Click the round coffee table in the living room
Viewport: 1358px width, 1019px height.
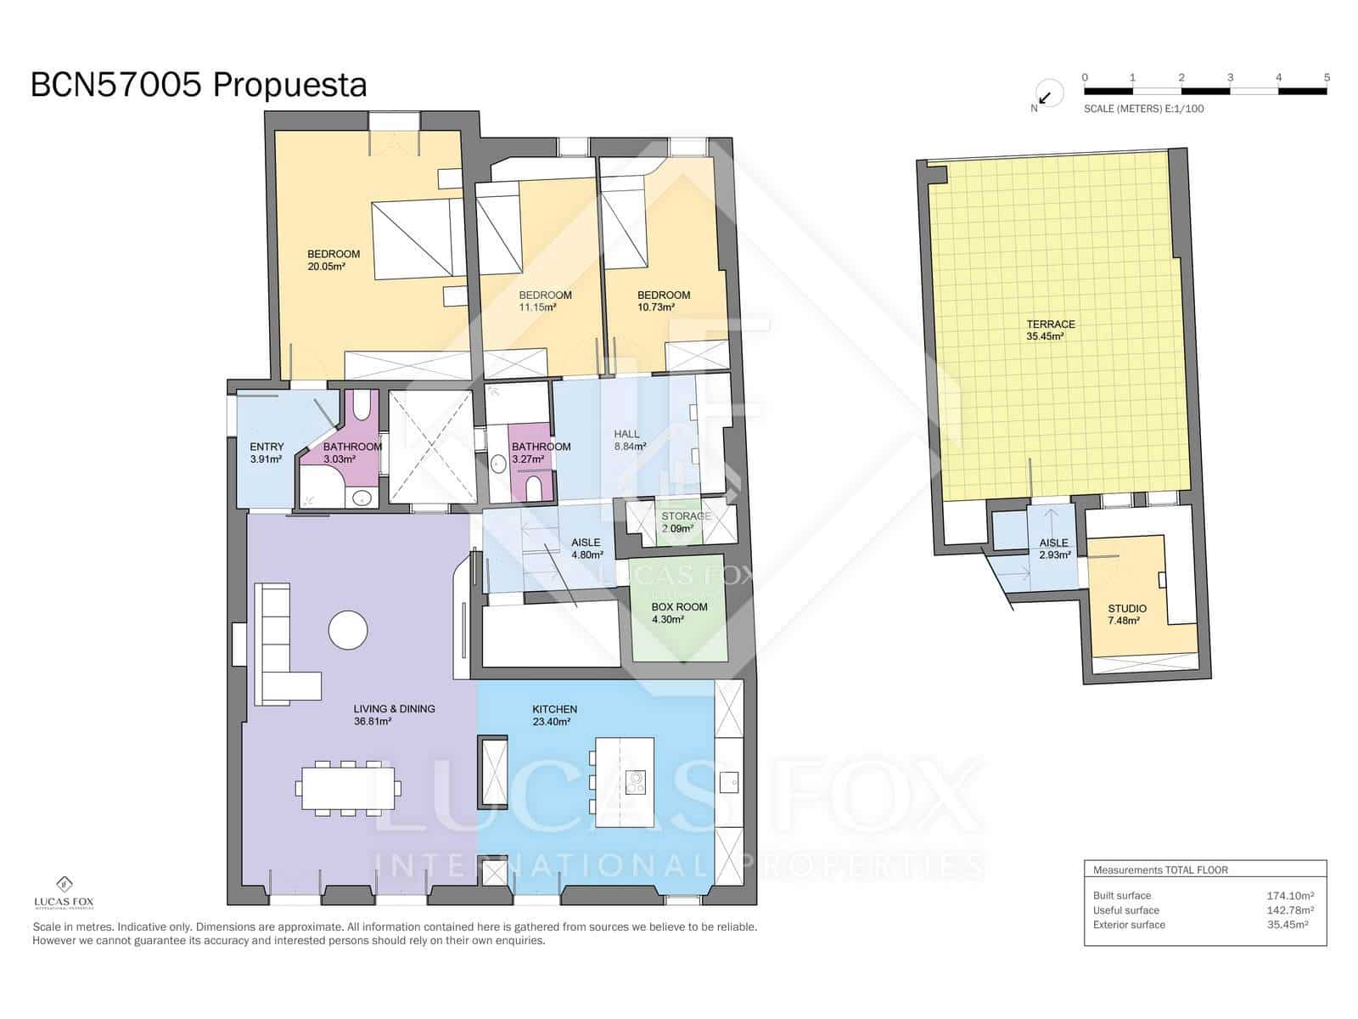tap(348, 631)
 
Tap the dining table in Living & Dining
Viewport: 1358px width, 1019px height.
tap(348, 788)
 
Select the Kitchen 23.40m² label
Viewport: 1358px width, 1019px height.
tap(554, 715)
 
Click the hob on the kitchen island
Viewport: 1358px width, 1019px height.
tap(635, 781)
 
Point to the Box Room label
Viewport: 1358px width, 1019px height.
tap(679, 613)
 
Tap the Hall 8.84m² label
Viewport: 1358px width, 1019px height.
tap(629, 440)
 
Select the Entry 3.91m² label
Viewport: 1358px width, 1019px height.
tap(267, 453)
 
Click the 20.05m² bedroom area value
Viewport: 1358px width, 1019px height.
tap(326, 267)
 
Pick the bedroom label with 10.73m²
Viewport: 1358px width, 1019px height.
tap(663, 301)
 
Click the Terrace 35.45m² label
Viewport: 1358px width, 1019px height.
tap(1050, 330)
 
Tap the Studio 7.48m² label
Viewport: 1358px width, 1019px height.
tap(1126, 614)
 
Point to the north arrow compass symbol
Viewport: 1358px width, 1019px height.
tap(1047, 95)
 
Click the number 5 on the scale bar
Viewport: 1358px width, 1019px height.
tap(1326, 77)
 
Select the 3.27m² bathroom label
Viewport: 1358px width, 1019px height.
tap(541, 453)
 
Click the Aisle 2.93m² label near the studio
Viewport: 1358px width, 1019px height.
tap(1053, 549)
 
